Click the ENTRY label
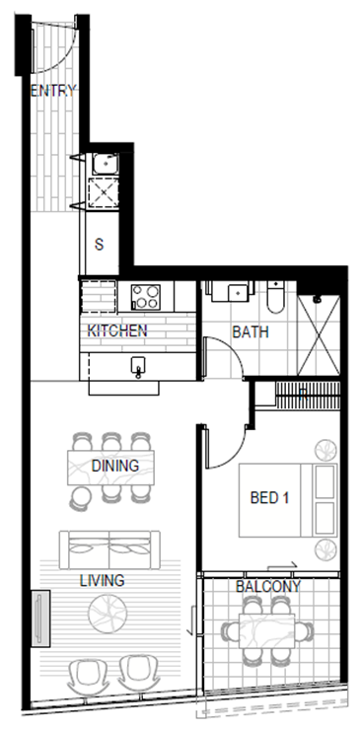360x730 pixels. [52, 91]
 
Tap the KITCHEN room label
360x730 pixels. [117, 330]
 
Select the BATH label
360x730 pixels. [251, 331]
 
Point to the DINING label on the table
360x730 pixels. [115, 465]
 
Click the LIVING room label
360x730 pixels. [102, 581]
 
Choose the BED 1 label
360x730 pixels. [269, 498]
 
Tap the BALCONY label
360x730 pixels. [268, 587]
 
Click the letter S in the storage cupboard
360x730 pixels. [100, 245]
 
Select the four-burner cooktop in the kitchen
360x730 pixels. [145, 297]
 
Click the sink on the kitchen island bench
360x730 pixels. [138, 366]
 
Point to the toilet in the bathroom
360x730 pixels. [276, 297]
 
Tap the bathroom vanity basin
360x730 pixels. [239, 293]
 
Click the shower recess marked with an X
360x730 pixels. [319, 334]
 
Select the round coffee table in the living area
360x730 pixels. [108, 614]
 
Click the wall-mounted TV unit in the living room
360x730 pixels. [41, 619]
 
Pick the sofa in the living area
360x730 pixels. [109, 549]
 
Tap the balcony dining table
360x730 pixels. [267, 630]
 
